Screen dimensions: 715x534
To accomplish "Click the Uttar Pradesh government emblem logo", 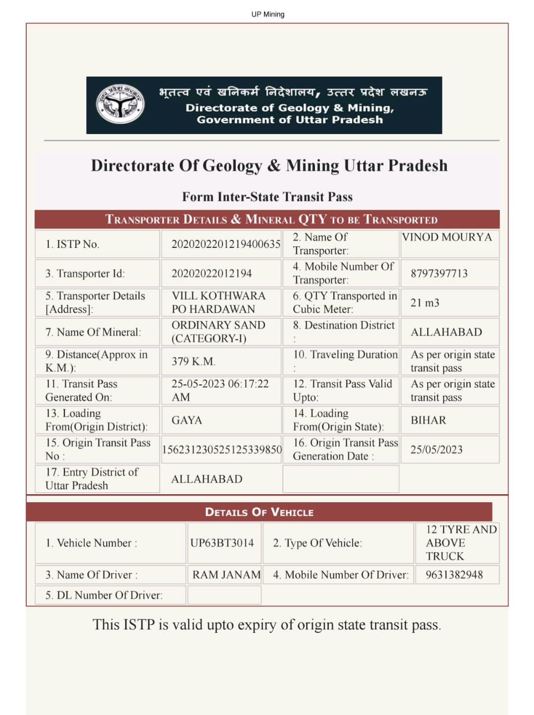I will (x=120, y=105).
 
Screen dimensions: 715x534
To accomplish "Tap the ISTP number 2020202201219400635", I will (x=225, y=244).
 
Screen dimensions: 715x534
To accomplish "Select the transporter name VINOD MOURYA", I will (x=446, y=237).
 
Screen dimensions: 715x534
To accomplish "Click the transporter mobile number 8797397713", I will (x=439, y=273).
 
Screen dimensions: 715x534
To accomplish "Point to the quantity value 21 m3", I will (x=425, y=303).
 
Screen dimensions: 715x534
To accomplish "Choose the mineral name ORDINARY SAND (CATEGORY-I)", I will (x=218, y=332).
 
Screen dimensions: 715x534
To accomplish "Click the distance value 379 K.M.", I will (x=193, y=361).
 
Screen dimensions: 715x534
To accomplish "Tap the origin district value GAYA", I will (x=186, y=420).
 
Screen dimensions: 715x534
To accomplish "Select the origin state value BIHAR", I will (x=428, y=420).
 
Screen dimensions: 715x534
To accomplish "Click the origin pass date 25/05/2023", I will (x=436, y=449).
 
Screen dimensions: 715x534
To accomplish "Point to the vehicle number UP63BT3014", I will (x=222, y=543).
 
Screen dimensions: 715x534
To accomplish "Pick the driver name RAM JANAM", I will (x=226, y=574).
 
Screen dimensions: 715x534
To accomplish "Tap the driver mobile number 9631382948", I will (x=454, y=574).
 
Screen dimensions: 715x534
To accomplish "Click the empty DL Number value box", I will (x=224, y=595).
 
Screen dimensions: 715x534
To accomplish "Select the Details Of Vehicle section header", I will (x=259, y=512).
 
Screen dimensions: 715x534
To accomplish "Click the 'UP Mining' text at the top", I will (x=267, y=14).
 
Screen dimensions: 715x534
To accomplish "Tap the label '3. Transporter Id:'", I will (x=85, y=273).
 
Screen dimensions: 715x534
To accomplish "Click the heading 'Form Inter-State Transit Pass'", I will (x=267, y=197).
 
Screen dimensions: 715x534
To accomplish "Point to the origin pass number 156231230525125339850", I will (x=222, y=449).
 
